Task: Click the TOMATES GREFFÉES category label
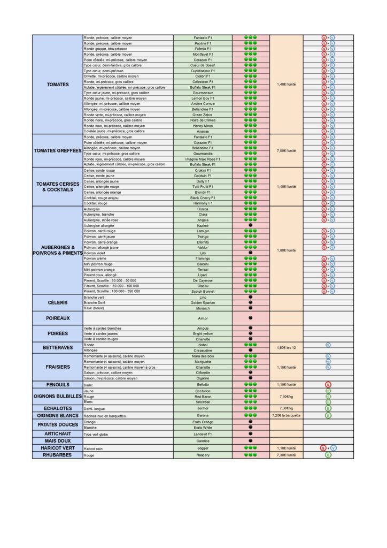57,150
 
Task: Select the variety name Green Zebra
203,115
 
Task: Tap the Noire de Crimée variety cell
203,120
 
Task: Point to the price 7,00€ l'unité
287,150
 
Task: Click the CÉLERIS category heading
57,302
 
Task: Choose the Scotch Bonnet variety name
203,291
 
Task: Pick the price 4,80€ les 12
287,347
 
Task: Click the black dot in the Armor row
250,318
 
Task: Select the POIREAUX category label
57,318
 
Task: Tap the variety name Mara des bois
203,356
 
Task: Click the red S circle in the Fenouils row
328,384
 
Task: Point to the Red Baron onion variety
203,397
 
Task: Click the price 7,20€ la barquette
287,415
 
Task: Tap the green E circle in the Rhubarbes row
328,455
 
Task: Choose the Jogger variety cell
203,448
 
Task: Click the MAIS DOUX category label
57,440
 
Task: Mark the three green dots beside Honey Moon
250,125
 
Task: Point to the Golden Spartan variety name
203,302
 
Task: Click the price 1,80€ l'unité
287,250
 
